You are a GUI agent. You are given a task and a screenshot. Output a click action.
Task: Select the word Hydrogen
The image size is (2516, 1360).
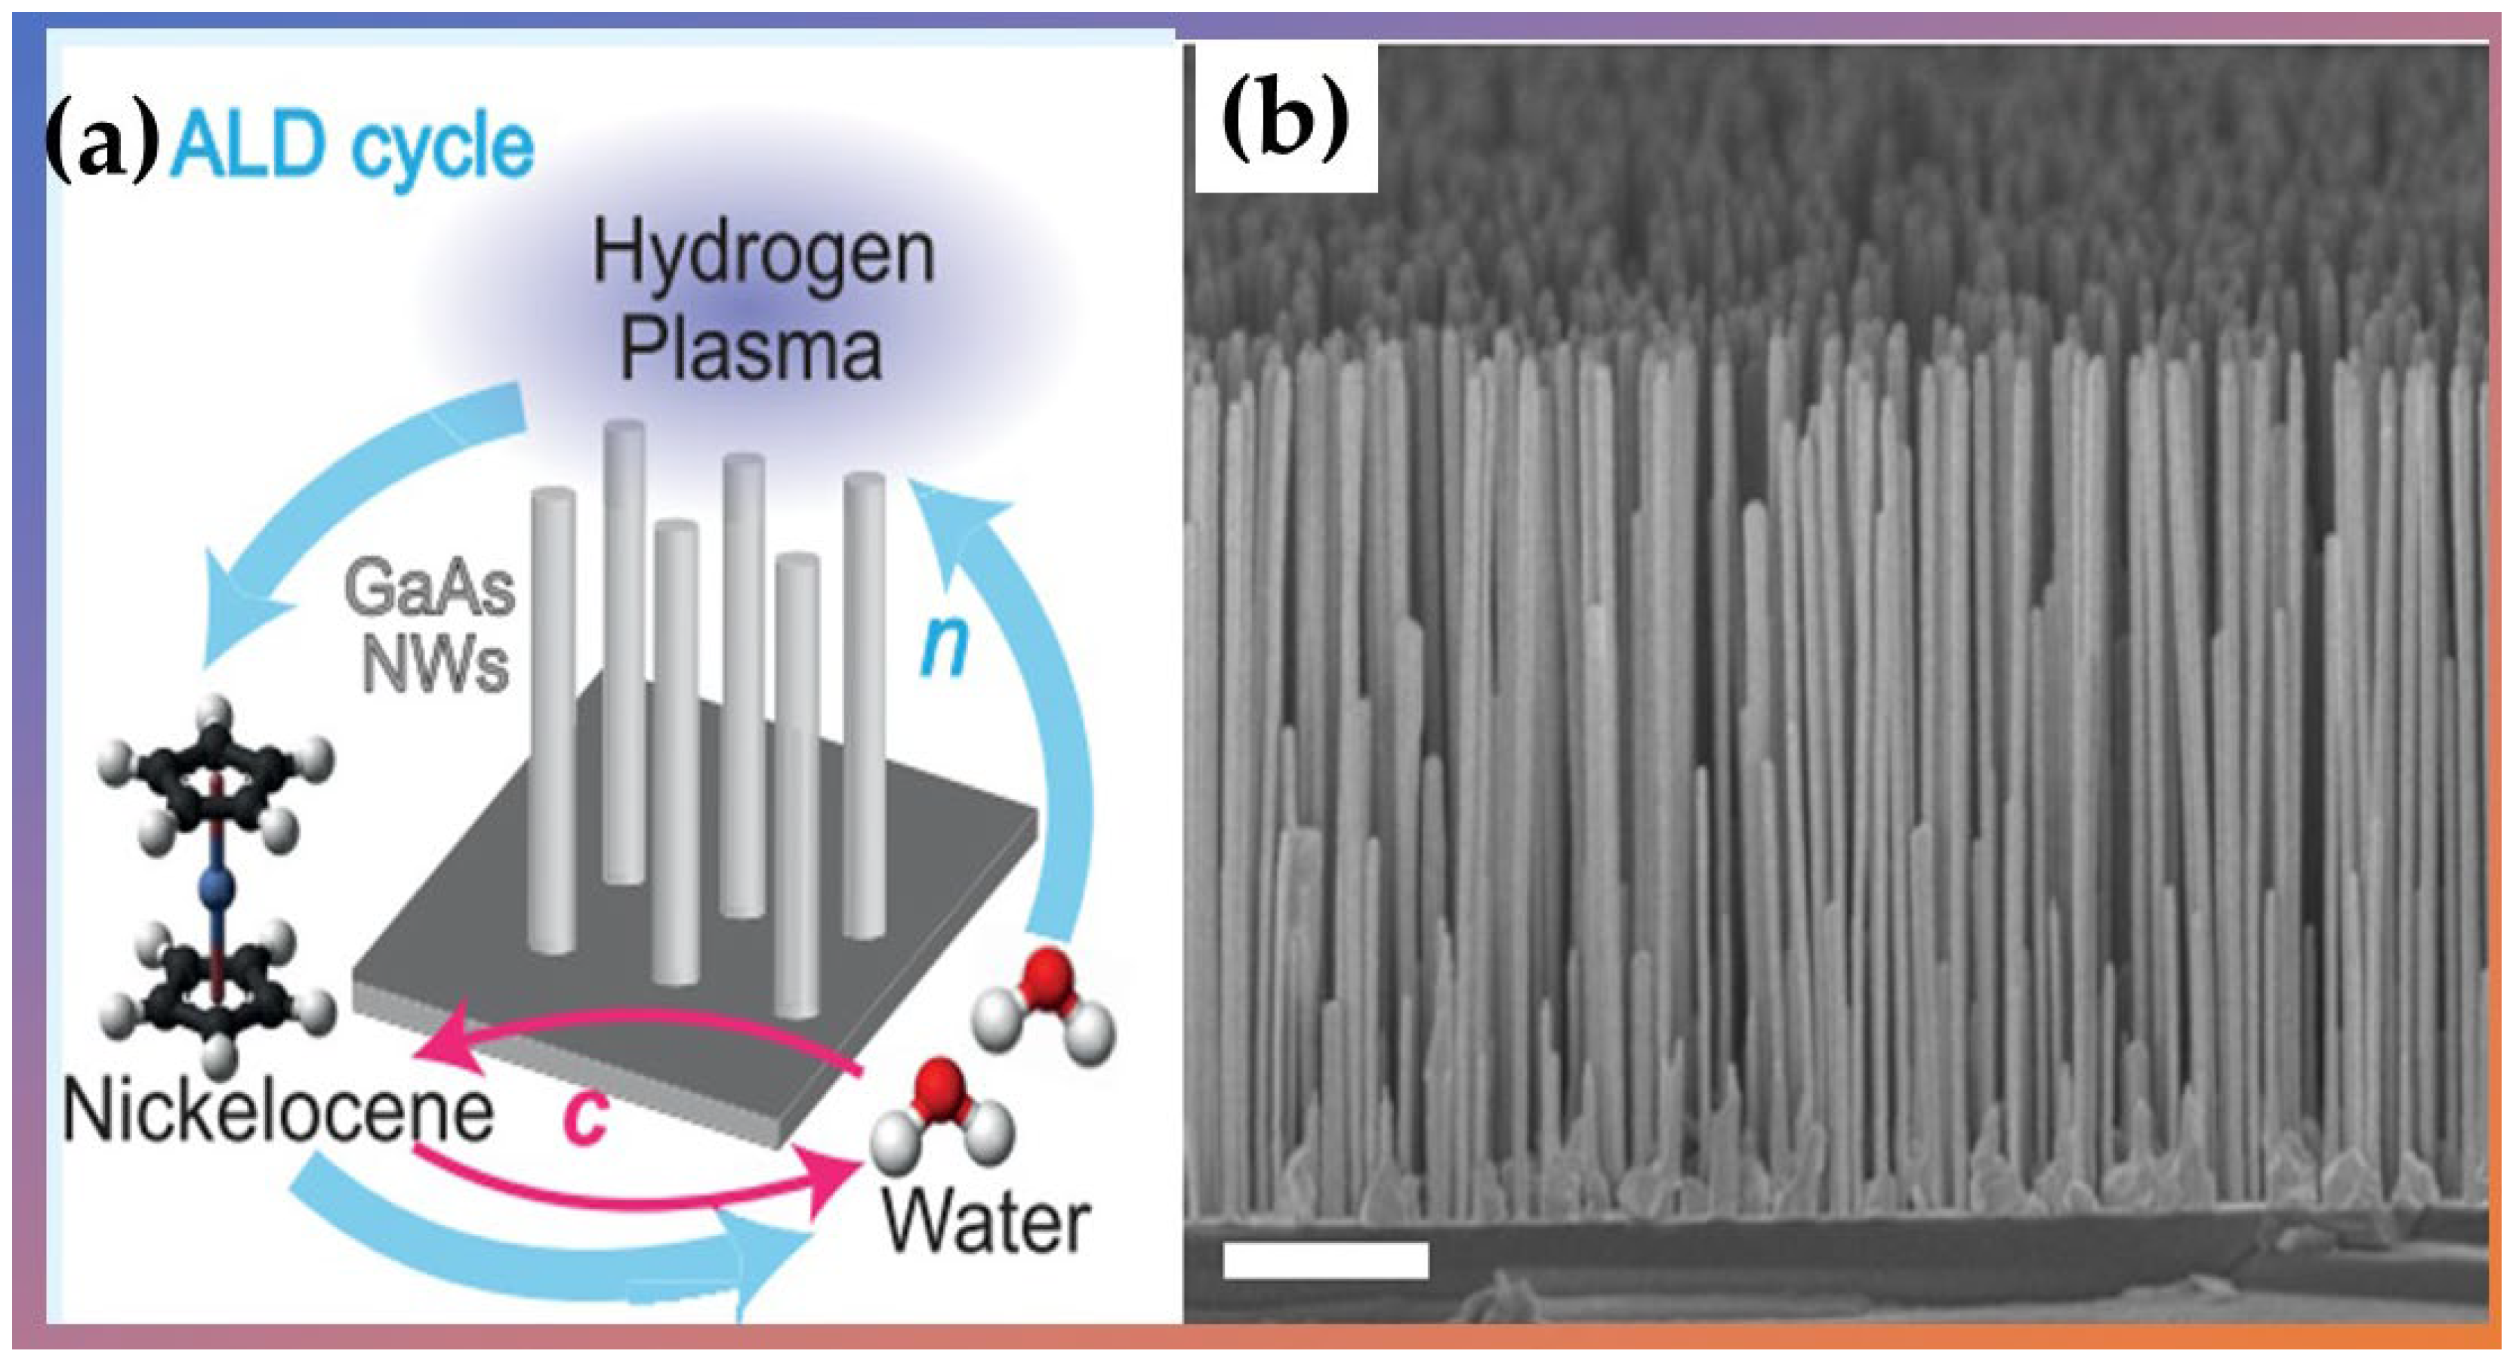pos(764,256)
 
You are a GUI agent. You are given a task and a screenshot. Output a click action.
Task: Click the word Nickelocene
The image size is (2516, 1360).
pos(279,1113)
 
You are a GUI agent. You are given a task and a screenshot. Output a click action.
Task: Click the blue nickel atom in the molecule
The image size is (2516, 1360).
pos(217,888)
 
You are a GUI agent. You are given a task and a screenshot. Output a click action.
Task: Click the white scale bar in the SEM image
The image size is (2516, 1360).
pos(1325,1260)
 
